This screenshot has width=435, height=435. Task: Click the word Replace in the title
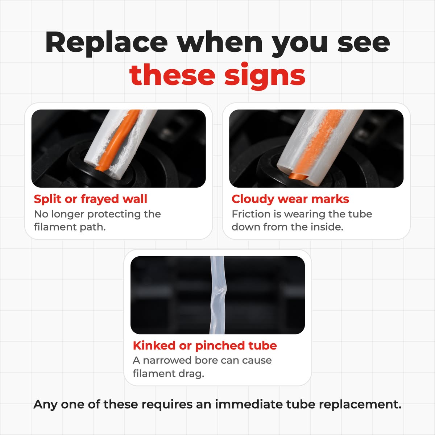pos(106,43)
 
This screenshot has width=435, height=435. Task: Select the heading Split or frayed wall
pos(90,199)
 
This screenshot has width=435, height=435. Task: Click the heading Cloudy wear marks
pos(290,199)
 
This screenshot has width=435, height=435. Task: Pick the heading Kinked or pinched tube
pos(205,345)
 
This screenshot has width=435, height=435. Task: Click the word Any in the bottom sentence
pos(45,405)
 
